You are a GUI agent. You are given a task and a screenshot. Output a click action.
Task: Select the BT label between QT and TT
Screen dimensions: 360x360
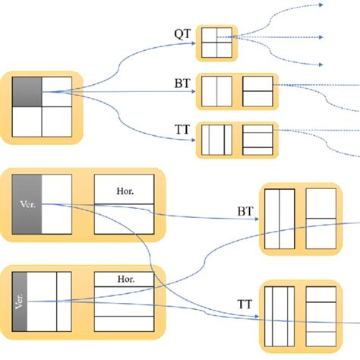click(x=182, y=84)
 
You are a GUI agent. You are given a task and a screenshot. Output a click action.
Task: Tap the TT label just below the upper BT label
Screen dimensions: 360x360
click(x=182, y=131)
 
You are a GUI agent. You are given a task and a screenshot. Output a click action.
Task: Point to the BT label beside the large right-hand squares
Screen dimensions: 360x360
click(x=245, y=210)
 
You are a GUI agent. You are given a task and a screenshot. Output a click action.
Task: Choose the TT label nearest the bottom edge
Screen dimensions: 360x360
click(x=245, y=303)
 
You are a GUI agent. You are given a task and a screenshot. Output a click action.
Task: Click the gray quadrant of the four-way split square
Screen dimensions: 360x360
click(x=27, y=92)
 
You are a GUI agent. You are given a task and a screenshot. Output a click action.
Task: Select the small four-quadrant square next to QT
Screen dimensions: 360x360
click(x=216, y=43)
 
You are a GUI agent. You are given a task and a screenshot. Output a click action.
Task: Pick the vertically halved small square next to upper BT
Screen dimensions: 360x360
click(x=216, y=91)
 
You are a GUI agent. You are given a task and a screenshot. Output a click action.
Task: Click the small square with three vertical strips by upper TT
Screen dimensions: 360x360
click(x=216, y=140)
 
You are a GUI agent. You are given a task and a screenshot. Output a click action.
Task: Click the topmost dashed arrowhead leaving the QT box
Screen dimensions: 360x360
click(x=324, y=4)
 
